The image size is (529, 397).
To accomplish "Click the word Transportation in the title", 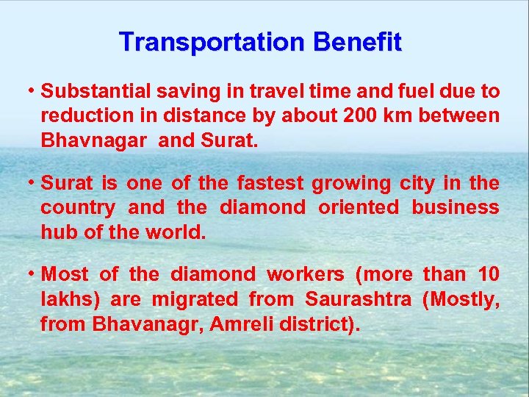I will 212,42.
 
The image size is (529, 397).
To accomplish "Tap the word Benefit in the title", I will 357,42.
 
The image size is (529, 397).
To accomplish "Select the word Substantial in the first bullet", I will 96,92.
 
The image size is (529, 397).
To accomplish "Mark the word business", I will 456,207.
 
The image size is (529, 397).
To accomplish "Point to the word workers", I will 305,275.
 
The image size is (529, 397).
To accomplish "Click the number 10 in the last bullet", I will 488,275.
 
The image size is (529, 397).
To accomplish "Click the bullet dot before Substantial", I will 33,91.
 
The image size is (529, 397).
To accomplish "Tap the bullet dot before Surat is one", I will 33,183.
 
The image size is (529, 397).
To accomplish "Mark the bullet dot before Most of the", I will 33,275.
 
